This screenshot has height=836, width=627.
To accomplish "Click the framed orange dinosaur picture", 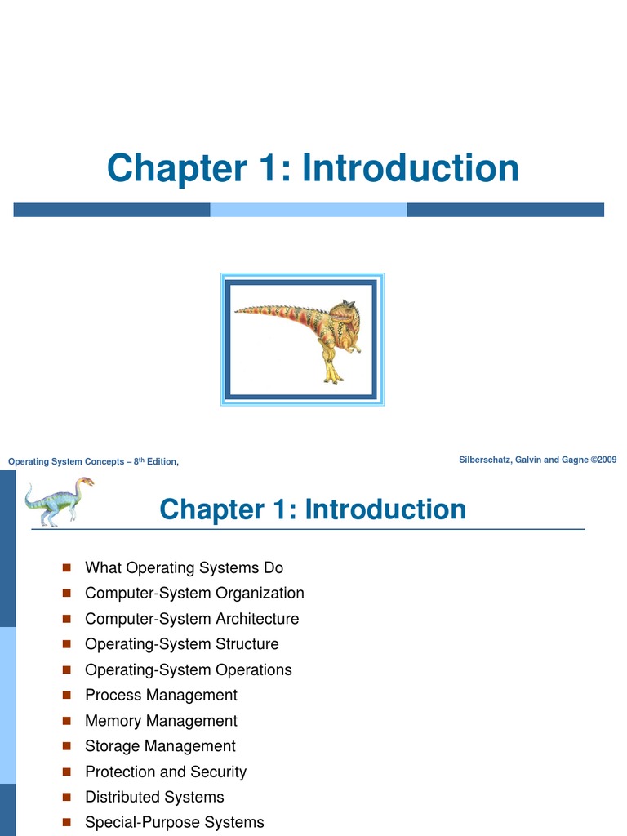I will point(302,339).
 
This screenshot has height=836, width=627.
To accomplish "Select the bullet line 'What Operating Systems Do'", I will point(184,567).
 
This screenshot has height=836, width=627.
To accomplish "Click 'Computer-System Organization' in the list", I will point(194,593).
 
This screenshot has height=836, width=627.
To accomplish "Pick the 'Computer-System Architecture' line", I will point(192,619).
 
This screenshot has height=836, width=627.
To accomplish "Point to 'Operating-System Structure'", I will point(181,644).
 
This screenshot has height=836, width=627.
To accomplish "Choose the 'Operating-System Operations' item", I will point(188,669).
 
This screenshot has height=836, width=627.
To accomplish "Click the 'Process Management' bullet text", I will point(161,695).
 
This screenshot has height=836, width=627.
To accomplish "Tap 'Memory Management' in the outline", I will point(161,721).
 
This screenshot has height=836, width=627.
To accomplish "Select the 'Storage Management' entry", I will point(160,746).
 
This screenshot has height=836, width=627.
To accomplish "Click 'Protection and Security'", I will point(165,772).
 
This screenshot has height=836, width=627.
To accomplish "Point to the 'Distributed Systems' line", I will point(154,797).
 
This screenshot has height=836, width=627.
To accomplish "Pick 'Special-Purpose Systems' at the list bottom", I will point(174,822).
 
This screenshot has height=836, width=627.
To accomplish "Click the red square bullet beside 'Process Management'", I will point(67,696).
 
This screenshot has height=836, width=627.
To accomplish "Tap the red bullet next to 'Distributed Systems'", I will point(67,798).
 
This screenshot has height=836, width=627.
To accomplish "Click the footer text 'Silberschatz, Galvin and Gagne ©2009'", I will point(538,460).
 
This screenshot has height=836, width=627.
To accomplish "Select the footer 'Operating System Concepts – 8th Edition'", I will point(93,462).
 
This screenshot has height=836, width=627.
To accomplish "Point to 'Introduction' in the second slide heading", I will point(385,509).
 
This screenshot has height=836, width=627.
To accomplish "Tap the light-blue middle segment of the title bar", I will point(308,210).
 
